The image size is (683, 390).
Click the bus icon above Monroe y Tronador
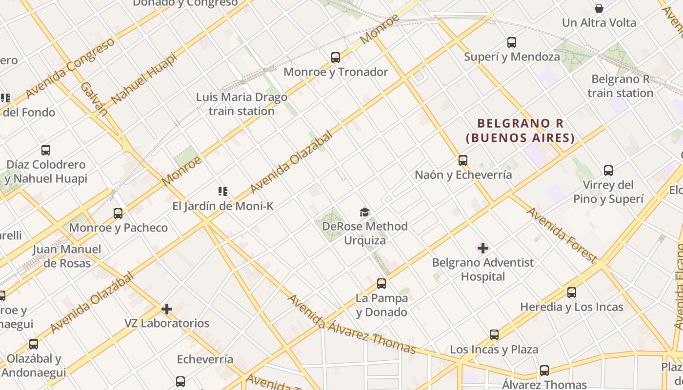coord(336,58)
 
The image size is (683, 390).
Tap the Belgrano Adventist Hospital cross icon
coord(483,248)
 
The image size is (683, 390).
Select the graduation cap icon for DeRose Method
coord(365,212)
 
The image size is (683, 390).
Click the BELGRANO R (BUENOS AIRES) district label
coord(521,131)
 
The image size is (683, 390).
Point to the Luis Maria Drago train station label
coord(241,104)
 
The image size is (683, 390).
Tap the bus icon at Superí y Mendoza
coord(512,42)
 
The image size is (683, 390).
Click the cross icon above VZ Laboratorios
coord(167,309)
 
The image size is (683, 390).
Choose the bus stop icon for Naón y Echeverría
coord(462,160)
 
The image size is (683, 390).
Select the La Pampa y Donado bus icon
coord(382,284)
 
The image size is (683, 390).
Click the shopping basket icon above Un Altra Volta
coord(599,8)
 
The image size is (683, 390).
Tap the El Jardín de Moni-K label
coord(223,206)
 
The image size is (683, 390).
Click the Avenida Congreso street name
coord(70,67)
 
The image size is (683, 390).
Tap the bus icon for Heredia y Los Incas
coord(572,292)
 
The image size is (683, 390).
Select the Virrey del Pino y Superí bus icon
coord(608,171)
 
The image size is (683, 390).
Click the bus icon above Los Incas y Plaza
coord(494,335)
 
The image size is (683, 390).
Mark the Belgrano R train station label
coord(620,86)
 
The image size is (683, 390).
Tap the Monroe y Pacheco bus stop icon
coord(118,214)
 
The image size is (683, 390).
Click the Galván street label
coord(94,98)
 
